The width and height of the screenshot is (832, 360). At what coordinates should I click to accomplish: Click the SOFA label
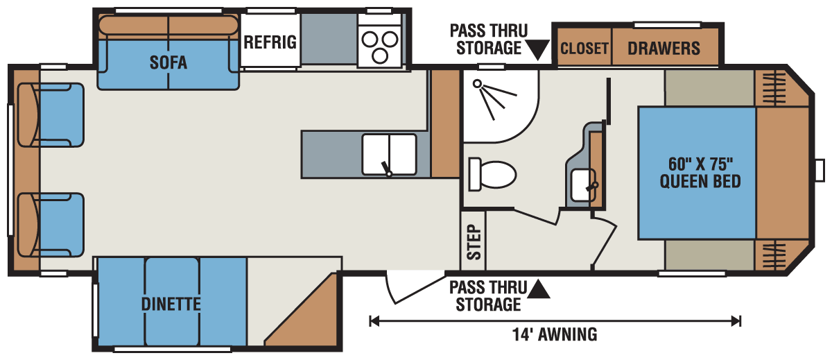(x=168, y=62)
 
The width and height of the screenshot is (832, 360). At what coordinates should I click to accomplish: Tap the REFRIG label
(x=270, y=42)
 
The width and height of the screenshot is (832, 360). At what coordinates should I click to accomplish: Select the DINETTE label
(x=171, y=304)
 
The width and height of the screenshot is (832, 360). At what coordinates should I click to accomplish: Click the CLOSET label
(x=584, y=49)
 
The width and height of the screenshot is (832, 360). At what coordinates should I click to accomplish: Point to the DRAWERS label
(x=664, y=49)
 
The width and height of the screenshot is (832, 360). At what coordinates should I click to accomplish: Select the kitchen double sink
(x=388, y=154)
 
